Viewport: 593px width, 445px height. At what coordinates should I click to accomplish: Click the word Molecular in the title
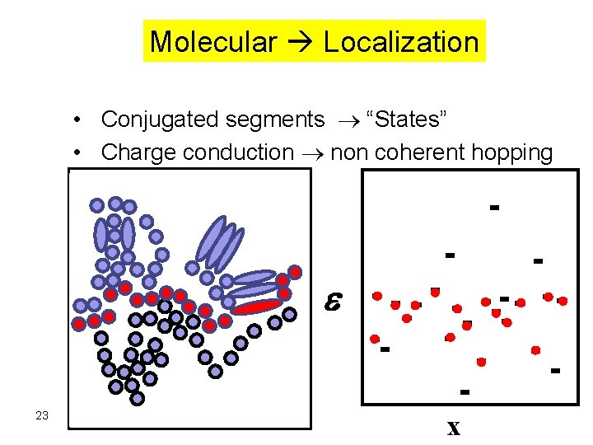[x=212, y=41]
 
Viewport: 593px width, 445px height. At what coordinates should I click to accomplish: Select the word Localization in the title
[x=401, y=41]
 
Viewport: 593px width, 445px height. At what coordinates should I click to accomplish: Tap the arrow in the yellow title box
[x=300, y=42]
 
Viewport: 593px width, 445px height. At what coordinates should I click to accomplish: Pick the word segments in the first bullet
[x=278, y=119]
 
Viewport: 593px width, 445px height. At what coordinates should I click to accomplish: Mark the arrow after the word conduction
[x=311, y=153]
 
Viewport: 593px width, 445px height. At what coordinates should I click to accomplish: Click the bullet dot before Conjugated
[x=75, y=119]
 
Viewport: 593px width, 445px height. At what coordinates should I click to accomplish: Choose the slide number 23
[x=43, y=415]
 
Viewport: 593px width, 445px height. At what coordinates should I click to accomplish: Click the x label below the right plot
[x=453, y=429]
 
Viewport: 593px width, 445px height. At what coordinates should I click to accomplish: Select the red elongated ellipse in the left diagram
[x=257, y=307]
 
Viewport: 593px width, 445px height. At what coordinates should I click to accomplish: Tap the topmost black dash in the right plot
[x=494, y=207]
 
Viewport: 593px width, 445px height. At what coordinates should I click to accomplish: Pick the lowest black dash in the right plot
[x=465, y=391]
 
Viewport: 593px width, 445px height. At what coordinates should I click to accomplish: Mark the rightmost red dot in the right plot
[x=563, y=301]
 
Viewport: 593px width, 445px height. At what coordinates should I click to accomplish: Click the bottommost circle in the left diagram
[x=138, y=398]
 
